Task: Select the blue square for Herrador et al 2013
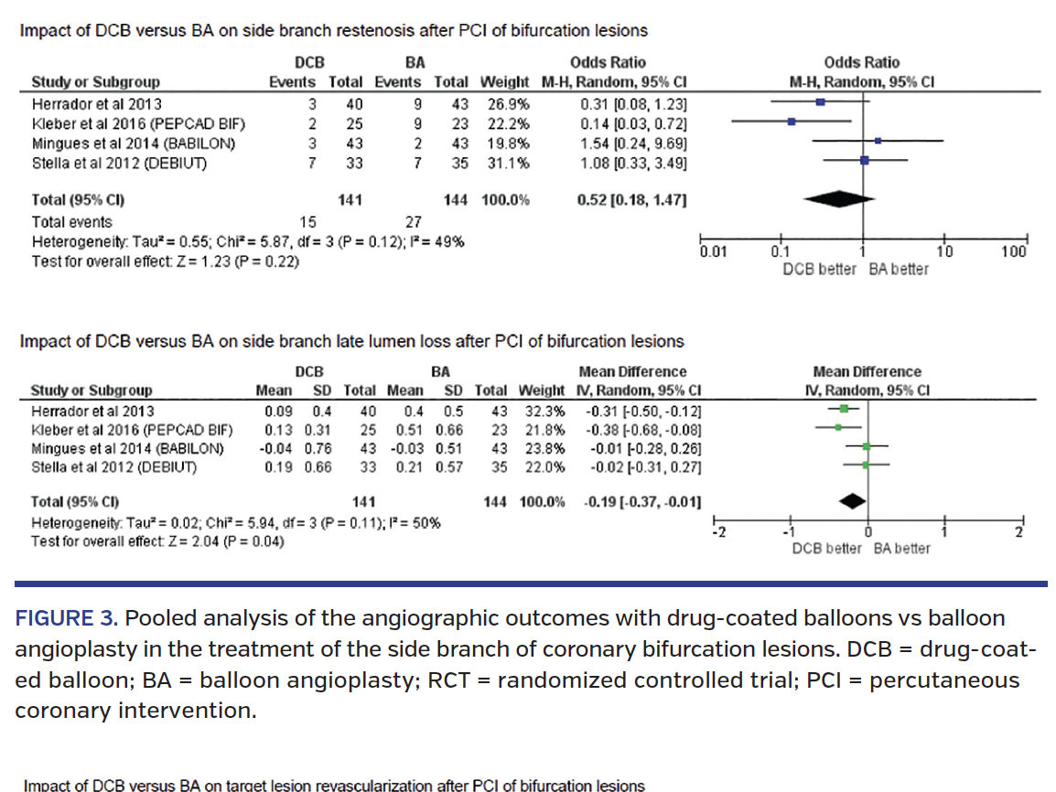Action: point(821,103)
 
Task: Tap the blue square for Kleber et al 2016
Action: point(792,121)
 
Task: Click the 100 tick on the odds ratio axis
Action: point(1013,252)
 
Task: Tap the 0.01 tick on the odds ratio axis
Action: point(713,252)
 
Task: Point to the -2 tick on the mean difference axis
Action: point(718,533)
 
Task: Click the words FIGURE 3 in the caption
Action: point(66,618)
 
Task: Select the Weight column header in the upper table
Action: point(505,81)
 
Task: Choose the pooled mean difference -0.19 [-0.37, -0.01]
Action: point(643,502)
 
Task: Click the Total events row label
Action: point(72,221)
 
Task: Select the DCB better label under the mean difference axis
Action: point(826,549)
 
